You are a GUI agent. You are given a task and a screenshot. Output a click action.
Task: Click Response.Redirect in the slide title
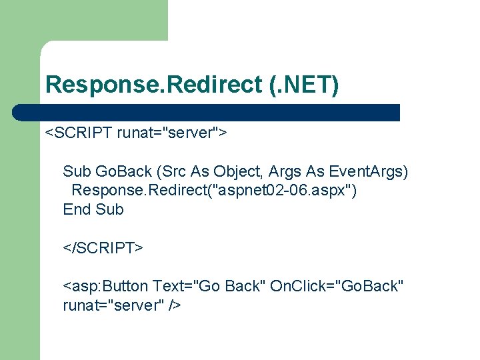154,85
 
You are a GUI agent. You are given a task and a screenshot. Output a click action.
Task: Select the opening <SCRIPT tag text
79,133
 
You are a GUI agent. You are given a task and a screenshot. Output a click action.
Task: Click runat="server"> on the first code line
173,133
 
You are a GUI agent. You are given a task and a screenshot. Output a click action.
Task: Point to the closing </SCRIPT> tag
103,248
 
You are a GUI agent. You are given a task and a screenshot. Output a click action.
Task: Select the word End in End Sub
77,209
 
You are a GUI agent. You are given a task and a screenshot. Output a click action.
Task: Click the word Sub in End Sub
109,209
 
